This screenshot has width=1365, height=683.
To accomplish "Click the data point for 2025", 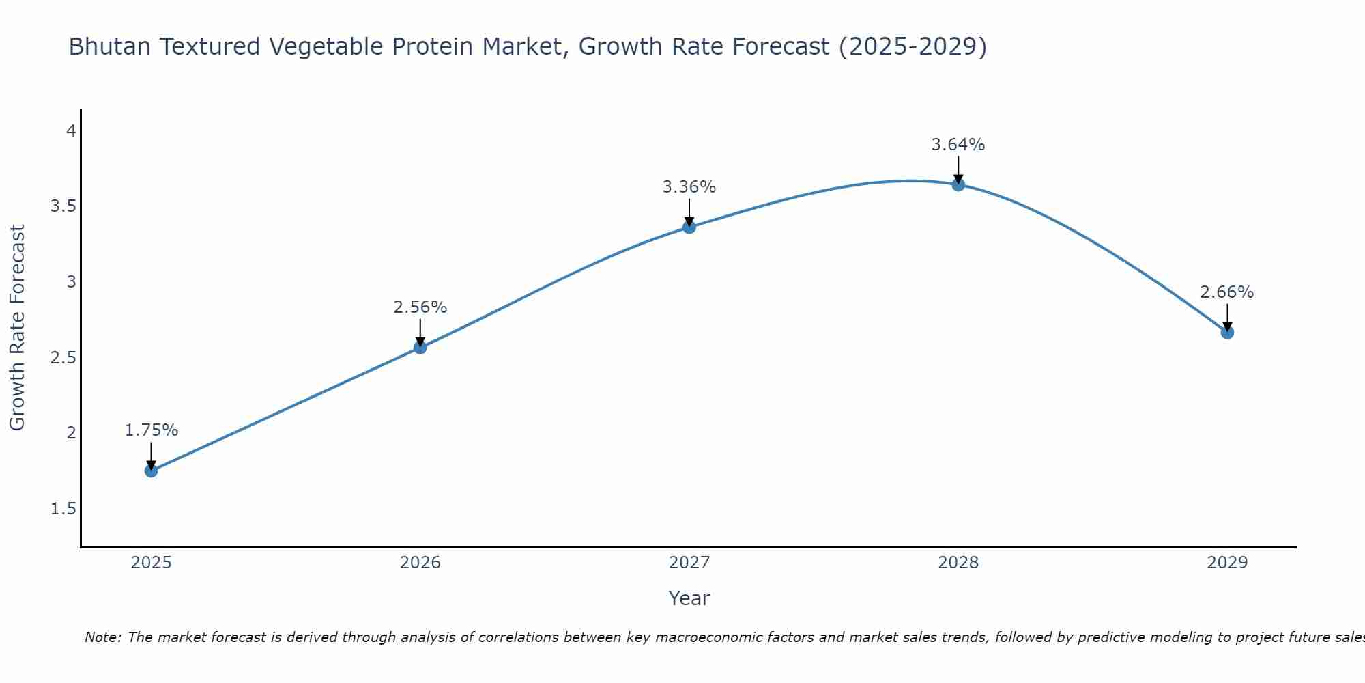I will (151, 471).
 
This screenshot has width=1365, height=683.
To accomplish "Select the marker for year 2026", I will (420, 347).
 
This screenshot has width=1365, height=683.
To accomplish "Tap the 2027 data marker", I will (689, 227).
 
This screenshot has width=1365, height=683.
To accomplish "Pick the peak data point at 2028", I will (958, 184).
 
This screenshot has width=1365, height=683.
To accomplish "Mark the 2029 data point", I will (1227, 333).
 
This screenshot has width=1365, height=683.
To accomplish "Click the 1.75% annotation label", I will (151, 430).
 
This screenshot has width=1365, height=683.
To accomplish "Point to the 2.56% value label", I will (420, 307).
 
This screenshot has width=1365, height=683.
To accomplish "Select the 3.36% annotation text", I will (689, 187).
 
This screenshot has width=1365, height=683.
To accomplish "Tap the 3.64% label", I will (958, 145).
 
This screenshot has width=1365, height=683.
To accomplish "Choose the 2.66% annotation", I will (1227, 292).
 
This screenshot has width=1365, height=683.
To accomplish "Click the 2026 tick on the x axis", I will (420, 563).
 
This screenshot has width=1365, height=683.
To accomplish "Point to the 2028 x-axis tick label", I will (958, 563).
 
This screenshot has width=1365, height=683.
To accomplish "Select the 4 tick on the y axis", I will (71, 130).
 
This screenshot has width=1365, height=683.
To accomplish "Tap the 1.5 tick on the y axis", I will (63, 509).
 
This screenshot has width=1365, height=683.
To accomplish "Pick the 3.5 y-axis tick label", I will (63, 206).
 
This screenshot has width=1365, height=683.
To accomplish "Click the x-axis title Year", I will (689, 598).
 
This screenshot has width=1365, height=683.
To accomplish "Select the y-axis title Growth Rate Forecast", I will (18, 328).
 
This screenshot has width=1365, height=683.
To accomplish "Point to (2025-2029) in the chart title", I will (913, 47).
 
